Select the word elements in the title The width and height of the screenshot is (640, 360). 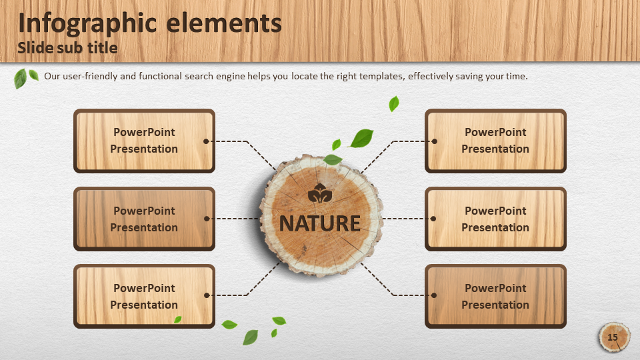coord(224,23)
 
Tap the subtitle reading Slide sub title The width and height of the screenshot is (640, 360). coord(67,48)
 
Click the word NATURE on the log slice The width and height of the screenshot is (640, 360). coord(319,223)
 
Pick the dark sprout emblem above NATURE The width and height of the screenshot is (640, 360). coord(319,193)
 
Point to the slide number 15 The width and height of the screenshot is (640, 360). coord(612,337)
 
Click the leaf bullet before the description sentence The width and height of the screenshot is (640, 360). coord(26,77)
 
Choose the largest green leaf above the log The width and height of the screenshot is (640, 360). coord(361,138)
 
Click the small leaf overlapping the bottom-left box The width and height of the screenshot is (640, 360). coord(177,319)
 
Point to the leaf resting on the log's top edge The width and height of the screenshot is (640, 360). coord(333,159)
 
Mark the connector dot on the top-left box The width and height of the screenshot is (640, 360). coord(206,141)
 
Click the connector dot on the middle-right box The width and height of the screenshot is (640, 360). coord(433,219)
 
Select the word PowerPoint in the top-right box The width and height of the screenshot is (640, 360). coord(495,132)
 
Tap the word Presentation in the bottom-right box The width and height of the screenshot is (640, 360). coord(495,305)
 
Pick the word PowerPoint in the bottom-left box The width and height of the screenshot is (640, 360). coord(144,288)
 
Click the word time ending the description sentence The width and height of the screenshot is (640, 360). coord(517,76)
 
